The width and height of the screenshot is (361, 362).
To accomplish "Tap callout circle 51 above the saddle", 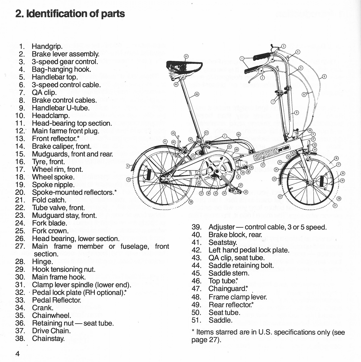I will click(186, 56).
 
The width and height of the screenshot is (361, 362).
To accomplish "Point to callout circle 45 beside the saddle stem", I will click(197, 94).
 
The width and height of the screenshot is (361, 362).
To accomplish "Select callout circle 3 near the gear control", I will click(283, 46).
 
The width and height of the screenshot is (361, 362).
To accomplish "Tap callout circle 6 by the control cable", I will click(324, 76).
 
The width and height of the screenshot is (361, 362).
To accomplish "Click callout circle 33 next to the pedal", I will click(246, 192).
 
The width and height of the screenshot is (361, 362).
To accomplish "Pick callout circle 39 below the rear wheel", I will click(191, 202).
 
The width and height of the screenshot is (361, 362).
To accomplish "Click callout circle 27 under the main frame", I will click(263, 165).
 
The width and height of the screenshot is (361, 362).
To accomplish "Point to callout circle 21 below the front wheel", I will click(335, 205).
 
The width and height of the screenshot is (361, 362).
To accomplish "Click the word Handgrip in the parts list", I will click(47, 46).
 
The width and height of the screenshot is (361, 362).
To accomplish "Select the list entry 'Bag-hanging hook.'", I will click(61, 69).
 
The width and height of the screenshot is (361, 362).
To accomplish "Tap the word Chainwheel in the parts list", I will click(51, 315).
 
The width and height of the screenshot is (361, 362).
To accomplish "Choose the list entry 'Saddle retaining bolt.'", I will click(241, 265).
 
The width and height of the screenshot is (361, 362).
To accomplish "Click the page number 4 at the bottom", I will click(17, 354).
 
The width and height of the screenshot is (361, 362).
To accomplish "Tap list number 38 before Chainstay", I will click(20, 338).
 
